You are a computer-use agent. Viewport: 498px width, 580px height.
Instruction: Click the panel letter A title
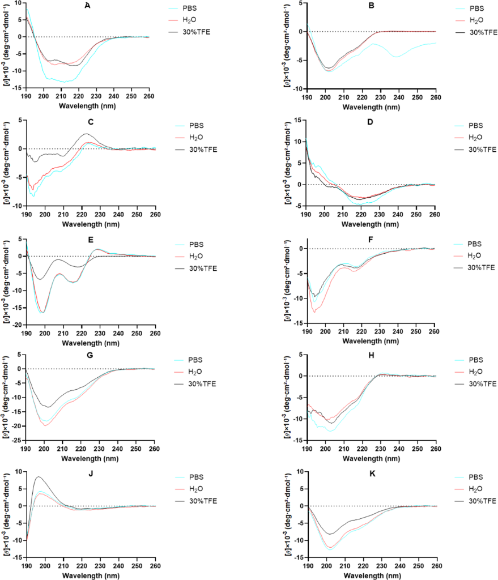87,5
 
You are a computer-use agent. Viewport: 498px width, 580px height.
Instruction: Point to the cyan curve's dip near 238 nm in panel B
396,57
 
